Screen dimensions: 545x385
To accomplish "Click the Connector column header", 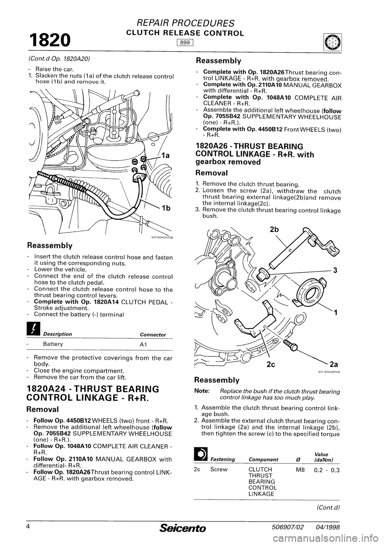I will (x=153, y=334).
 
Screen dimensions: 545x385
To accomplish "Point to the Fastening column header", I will (x=223, y=459).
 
